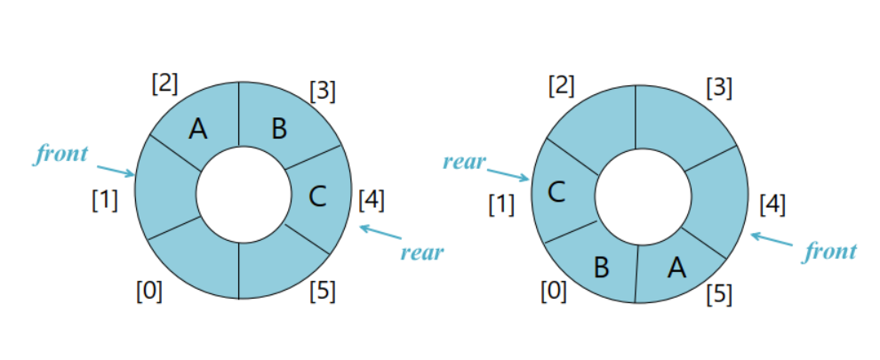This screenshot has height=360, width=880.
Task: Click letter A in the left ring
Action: (198, 130)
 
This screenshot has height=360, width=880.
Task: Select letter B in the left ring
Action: (279, 130)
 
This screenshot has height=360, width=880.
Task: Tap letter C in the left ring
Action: (317, 196)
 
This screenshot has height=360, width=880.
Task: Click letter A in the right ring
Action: (677, 265)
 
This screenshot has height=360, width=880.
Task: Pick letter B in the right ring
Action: (602, 265)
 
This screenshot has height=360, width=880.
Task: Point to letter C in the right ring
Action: (556, 192)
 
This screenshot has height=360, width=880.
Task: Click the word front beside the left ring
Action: (61, 155)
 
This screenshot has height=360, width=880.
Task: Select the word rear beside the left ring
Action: (421, 252)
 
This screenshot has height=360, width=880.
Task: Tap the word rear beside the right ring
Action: (464, 162)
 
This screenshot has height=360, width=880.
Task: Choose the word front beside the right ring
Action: (830, 252)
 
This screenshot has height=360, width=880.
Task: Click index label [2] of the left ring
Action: (164, 84)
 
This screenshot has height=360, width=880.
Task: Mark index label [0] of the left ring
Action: (148, 291)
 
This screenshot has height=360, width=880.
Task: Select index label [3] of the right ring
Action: (718, 88)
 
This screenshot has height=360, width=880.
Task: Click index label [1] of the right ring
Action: (501, 205)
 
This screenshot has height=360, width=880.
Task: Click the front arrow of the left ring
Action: (115, 169)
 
